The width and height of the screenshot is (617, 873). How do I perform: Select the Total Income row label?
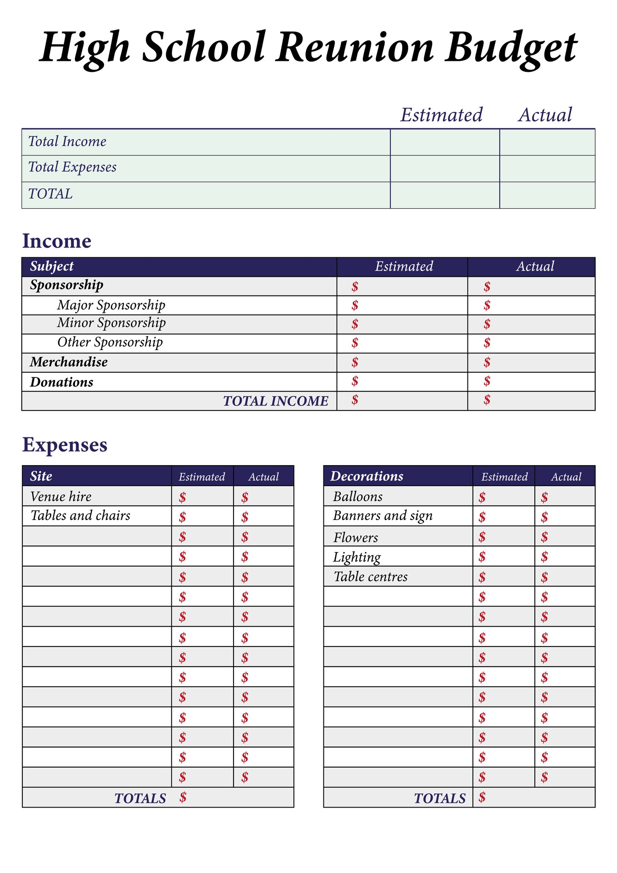(x=67, y=141)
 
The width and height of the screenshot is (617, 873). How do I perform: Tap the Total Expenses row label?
(x=72, y=167)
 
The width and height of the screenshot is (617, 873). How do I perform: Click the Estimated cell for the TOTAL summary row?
(x=444, y=195)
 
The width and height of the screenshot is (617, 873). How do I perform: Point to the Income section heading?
(x=57, y=241)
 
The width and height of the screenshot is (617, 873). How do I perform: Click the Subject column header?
(x=52, y=266)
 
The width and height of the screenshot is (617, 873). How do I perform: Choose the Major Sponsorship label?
(x=111, y=305)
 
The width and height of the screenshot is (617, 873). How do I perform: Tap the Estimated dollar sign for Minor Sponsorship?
(x=355, y=324)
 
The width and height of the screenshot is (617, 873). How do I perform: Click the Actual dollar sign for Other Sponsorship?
(x=487, y=343)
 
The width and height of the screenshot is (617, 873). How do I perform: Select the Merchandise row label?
(x=69, y=362)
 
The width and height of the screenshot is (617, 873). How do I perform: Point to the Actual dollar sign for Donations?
(x=487, y=381)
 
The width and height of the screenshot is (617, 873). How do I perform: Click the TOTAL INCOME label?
(x=276, y=401)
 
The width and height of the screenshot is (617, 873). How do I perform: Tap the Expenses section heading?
(x=65, y=445)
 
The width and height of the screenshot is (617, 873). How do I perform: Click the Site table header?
(x=41, y=476)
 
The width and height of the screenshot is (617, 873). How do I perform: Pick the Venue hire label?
(x=61, y=497)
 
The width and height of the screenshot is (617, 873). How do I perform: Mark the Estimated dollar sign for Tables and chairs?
(x=182, y=517)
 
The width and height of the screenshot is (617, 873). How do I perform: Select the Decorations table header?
(x=367, y=476)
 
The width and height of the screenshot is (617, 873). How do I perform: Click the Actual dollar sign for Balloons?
(x=544, y=497)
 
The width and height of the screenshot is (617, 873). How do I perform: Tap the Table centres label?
(x=371, y=577)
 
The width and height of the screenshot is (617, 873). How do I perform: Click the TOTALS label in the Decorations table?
(x=440, y=798)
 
